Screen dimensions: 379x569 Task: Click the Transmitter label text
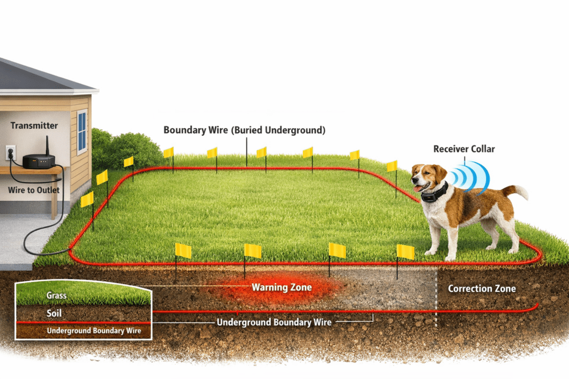click(x=34, y=126)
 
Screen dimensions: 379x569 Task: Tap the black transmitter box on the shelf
click(x=38, y=161)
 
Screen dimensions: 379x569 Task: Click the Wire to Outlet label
click(x=34, y=190)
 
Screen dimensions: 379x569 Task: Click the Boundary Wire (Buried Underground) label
click(x=244, y=130)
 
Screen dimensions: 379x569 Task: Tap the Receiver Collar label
click(x=464, y=149)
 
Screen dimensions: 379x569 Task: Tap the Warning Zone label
click(x=282, y=287)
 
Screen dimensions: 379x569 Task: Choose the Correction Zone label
click(x=482, y=289)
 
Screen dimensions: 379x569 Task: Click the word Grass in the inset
click(x=57, y=295)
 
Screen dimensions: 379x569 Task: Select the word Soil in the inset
click(x=54, y=314)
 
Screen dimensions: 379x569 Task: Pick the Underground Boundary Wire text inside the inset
click(x=93, y=331)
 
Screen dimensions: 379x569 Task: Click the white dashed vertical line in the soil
click(x=436, y=300)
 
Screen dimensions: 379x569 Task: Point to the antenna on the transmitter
click(x=47, y=145)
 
